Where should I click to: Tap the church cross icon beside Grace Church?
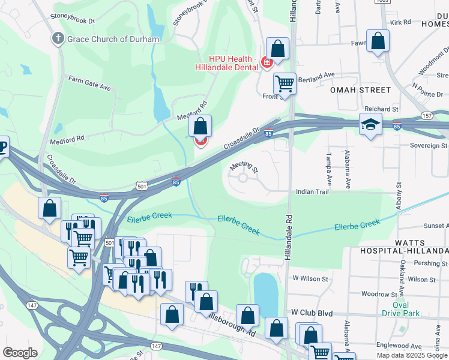(x=58, y=40)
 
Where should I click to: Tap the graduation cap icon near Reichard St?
(x=370, y=124)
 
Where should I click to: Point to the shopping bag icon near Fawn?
(x=378, y=41)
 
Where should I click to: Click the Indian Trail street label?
(x=311, y=192)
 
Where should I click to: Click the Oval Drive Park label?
(x=401, y=309)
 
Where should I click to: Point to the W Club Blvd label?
(x=312, y=313)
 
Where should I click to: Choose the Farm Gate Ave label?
(x=89, y=83)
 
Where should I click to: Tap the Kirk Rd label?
(x=400, y=22)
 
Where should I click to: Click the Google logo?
(x=20, y=353)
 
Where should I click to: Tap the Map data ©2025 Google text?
(x=412, y=355)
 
